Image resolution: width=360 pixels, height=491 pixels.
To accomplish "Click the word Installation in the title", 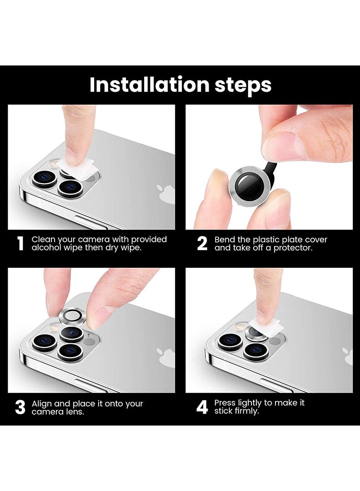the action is (150, 85).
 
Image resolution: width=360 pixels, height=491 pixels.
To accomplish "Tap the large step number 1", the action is (20, 244).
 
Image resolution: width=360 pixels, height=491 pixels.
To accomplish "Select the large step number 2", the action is (202, 244).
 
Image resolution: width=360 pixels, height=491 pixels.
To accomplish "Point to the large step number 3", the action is (20, 407).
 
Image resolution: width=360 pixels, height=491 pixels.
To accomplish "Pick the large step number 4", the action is (202, 407).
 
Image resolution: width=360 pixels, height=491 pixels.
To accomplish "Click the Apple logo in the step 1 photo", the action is (166, 194).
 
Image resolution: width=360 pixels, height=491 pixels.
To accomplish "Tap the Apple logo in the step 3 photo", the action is (166, 357).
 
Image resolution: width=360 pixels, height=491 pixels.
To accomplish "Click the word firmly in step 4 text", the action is (246, 411).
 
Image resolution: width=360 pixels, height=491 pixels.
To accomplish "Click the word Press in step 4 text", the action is (225, 403).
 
